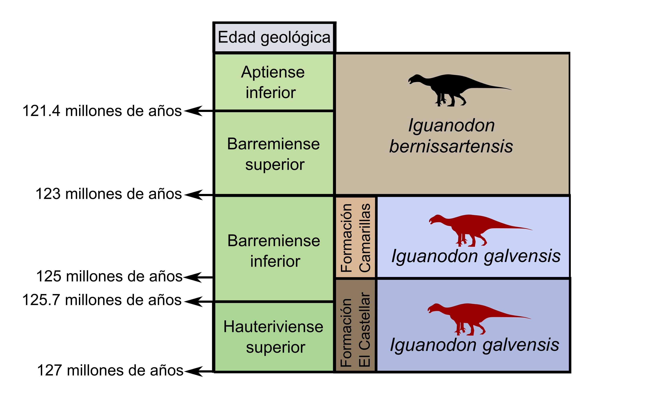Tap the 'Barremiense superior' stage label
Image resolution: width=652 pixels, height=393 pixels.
click(x=274, y=154)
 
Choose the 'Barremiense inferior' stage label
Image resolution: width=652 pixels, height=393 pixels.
click(x=274, y=251)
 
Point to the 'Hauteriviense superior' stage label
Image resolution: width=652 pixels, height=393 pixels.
click(x=273, y=337)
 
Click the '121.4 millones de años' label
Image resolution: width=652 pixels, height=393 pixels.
click(x=102, y=111)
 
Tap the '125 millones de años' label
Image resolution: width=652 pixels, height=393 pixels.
click(x=109, y=276)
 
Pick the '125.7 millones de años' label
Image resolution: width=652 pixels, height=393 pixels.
click(x=102, y=300)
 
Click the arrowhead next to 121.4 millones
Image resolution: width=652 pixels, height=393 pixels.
click(x=193, y=111)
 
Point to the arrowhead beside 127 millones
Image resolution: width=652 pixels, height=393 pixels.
click(x=193, y=371)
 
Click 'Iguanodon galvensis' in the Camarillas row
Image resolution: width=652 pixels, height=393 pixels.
click(x=476, y=256)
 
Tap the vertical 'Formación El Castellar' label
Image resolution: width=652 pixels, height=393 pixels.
click(x=355, y=329)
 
